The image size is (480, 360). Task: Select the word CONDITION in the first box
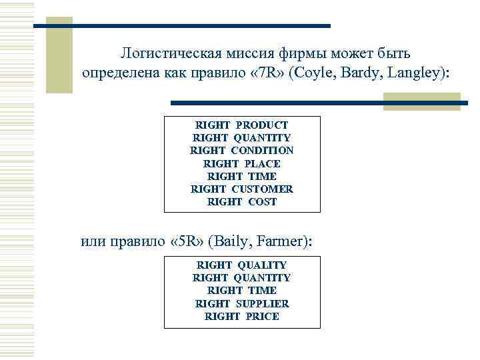click(x=262, y=151)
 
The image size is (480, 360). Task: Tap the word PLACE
click(x=262, y=163)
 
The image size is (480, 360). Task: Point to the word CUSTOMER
click(x=262, y=189)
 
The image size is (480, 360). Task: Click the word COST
click(x=262, y=201)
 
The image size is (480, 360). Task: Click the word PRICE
click(x=262, y=316)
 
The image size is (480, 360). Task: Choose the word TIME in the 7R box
click(x=262, y=176)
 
